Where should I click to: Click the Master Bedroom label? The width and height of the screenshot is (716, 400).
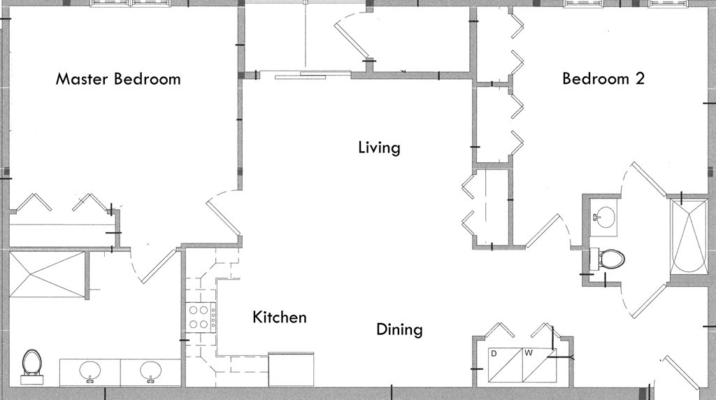tap(118, 79)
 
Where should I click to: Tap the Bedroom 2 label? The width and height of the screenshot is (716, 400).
tap(603, 78)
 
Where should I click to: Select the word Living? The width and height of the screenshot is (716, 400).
tap(379, 148)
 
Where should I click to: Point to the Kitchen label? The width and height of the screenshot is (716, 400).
tap(280, 317)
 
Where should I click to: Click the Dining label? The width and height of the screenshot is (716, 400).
tap(399, 329)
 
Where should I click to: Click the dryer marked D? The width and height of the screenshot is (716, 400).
tap(506, 365)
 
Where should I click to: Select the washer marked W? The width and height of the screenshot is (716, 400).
tap(540, 365)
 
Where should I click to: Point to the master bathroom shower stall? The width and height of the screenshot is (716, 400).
tap(47, 274)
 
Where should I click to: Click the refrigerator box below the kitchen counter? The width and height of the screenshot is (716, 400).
tap(291, 369)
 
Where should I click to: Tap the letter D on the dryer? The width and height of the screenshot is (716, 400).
tap(494, 353)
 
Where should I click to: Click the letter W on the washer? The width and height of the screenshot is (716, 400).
tap(529, 353)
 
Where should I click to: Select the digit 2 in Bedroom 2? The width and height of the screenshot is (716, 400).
tap(640, 78)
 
